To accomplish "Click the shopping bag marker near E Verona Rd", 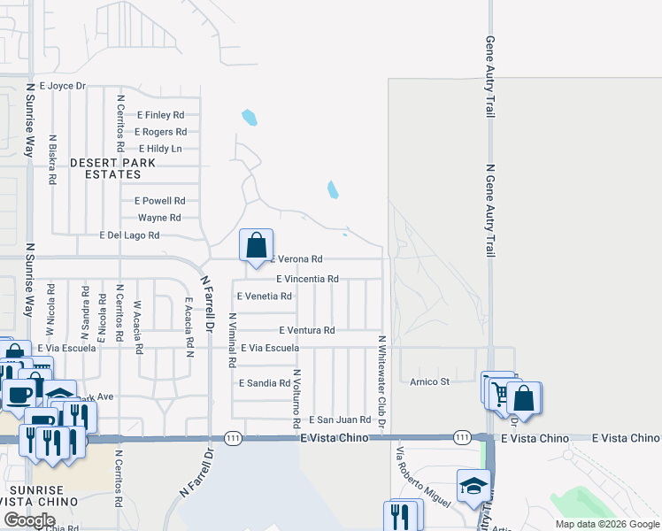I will [256, 245].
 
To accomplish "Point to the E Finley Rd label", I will [160, 115].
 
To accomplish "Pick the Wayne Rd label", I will [159, 218].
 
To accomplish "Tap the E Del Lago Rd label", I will [129, 235].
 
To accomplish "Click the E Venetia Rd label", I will [264, 296].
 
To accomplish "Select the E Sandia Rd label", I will [265, 383].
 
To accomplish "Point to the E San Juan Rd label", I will [339, 419].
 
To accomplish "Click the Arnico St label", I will [430, 382].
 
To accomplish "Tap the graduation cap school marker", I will [473, 485].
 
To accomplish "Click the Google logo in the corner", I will [29, 520].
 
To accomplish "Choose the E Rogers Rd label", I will [160, 132].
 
